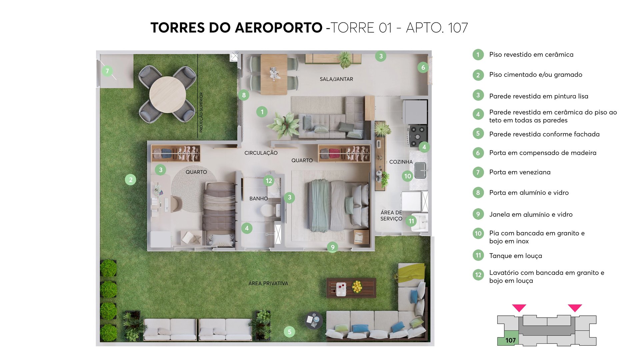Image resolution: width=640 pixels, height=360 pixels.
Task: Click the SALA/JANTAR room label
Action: tap(336, 79)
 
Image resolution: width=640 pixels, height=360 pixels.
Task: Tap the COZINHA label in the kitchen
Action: tap(401, 162)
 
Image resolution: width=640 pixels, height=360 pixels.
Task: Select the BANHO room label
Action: tap(258, 199)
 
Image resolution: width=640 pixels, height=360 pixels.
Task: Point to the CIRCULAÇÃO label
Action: tap(261, 153)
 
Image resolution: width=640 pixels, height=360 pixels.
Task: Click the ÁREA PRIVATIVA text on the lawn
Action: tap(268, 283)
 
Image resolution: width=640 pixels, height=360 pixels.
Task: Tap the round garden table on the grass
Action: tap(167, 94)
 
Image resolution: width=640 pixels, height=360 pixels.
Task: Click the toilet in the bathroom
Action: tap(267, 210)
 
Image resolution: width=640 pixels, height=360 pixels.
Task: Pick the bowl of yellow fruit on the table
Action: tap(357, 286)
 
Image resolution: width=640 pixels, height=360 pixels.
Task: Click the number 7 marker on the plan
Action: tap(107, 71)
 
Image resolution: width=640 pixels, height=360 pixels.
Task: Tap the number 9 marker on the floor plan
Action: tap(332, 247)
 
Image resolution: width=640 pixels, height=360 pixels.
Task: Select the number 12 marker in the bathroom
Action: tap(269, 181)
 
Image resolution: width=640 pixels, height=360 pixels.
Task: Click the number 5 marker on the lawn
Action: tap(289, 332)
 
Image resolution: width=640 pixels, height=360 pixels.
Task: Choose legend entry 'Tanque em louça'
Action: tap(515, 256)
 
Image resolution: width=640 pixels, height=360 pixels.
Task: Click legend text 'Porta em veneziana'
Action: tap(520, 172)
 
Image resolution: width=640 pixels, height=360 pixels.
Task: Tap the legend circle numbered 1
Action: tap(478, 55)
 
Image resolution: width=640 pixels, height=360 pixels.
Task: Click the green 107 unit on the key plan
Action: tap(510, 339)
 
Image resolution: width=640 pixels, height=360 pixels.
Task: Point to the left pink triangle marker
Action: tap(519, 308)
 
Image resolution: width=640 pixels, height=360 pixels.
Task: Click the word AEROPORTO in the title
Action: tap(278, 28)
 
